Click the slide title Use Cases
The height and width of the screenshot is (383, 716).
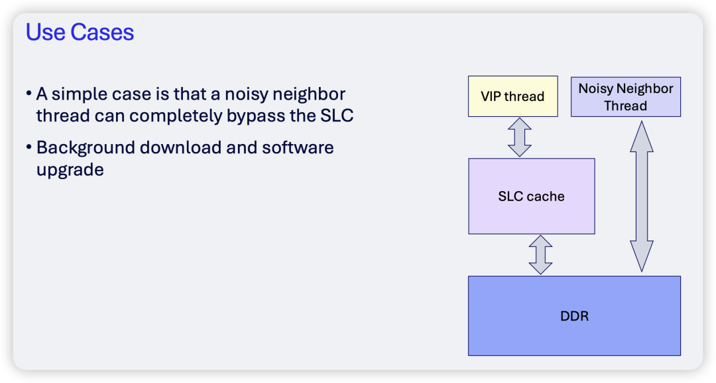pos(80,32)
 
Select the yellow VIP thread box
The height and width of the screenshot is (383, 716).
pos(512,96)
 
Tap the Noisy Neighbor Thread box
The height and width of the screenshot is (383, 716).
pos(626,97)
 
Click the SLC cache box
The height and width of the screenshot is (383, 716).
pos(532,196)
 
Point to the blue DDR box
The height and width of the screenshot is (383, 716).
pos(574,316)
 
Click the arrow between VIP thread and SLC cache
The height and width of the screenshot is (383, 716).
pos(520,137)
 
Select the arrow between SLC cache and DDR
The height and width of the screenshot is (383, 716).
pos(541,255)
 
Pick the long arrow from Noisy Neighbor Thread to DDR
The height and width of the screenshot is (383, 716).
pos(642,196)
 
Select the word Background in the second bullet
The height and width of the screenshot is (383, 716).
pos(86,148)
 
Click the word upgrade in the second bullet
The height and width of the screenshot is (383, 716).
pos(70,170)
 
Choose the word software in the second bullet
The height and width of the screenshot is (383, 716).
pos(298,147)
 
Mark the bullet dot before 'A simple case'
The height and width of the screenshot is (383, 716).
pos(29,94)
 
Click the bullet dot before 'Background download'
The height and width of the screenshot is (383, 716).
pos(29,147)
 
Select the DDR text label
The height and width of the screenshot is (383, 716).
pos(574,316)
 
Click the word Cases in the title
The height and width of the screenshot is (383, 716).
pos(102,32)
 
